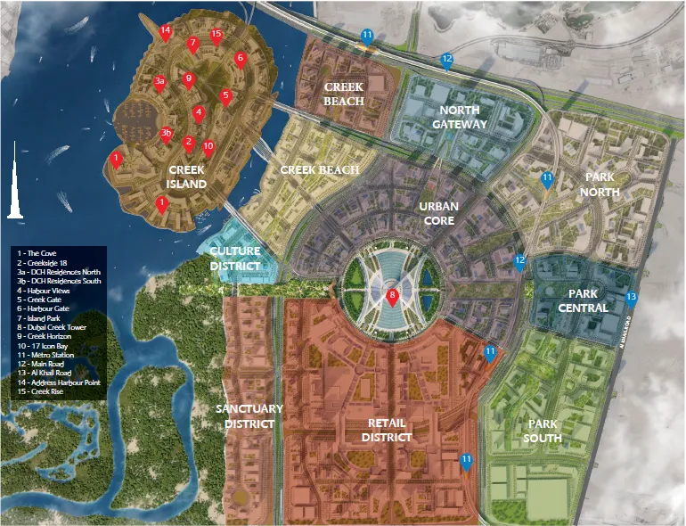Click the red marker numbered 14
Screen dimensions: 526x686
coord(165,31)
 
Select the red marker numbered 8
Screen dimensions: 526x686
coord(392,297)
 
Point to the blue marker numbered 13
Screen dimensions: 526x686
coord(632,298)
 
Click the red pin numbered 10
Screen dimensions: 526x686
coord(208,147)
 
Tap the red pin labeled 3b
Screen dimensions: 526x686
coord(166,135)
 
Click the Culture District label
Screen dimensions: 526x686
coord(235,259)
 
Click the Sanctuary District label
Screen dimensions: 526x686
coord(249,416)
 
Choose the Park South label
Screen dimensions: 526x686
coord(543,431)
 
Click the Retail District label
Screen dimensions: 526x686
coord(387,430)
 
